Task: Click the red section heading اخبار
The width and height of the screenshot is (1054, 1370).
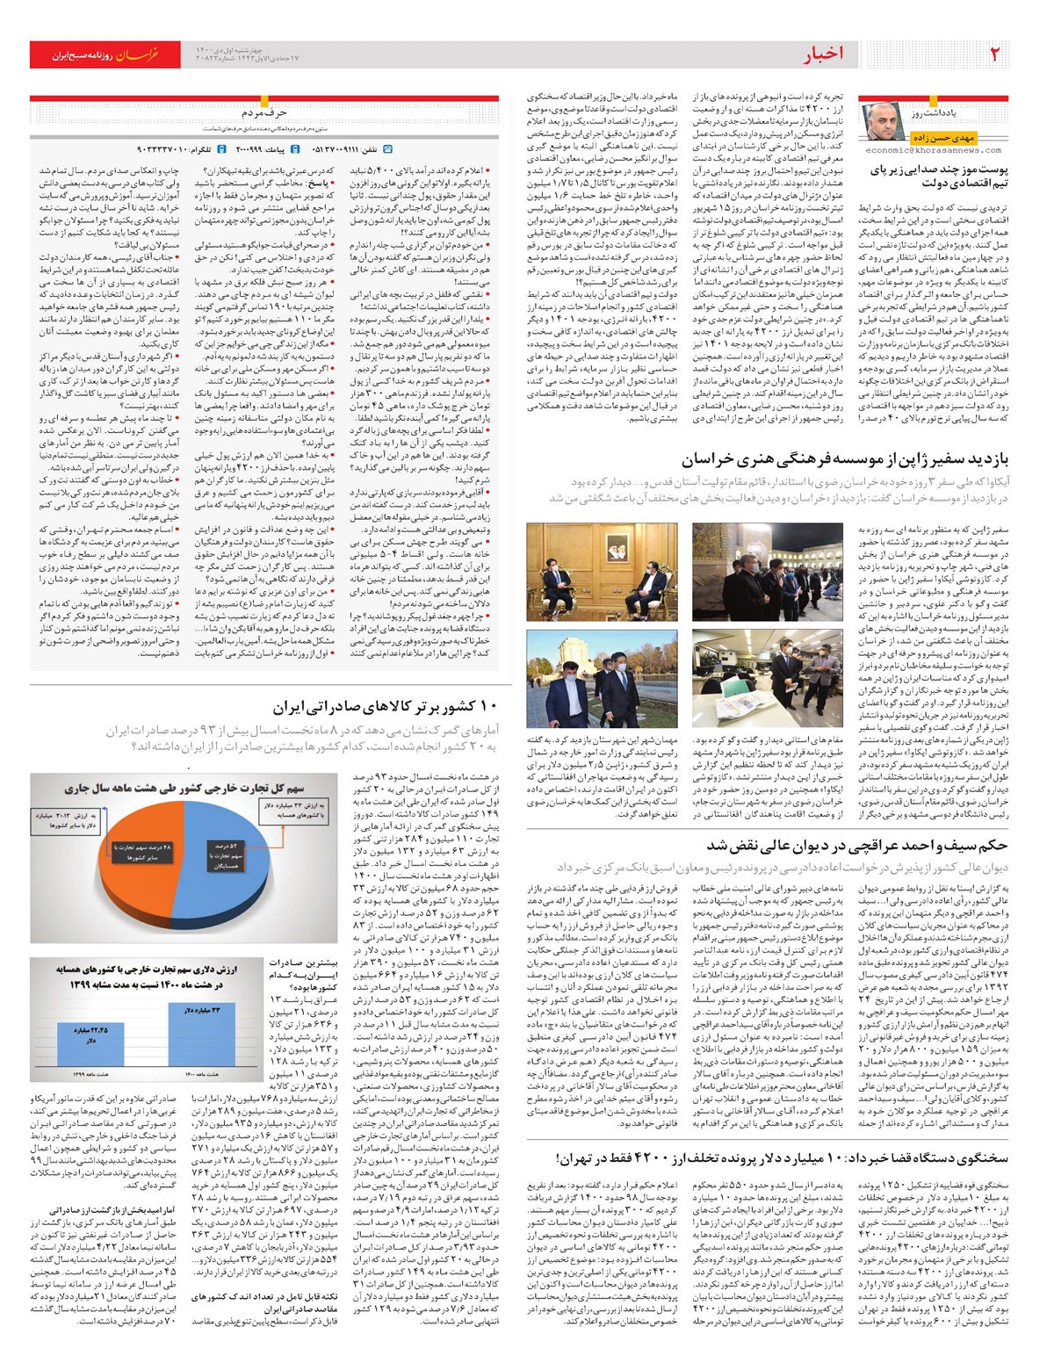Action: click(823, 54)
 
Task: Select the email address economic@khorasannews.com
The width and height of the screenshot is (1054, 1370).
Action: click(935, 150)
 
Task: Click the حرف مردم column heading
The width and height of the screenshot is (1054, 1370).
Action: click(264, 112)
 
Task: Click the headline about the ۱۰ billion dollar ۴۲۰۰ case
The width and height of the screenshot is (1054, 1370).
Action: click(782, 1159)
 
